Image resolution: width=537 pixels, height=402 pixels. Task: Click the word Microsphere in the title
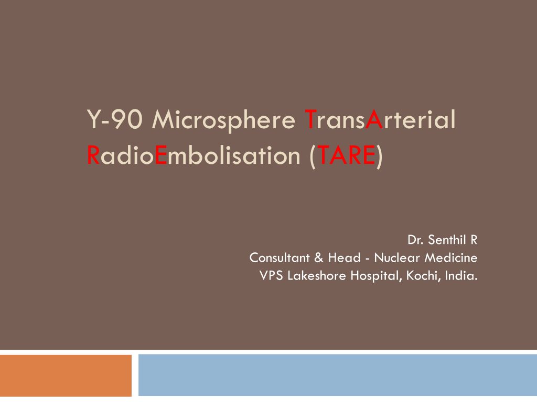(x=223, y=120)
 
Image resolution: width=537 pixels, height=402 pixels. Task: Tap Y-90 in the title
(x=115, y=119)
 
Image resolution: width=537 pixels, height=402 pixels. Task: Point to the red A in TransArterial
(x=374, y=119)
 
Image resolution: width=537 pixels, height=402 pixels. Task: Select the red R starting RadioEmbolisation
(x=93, y=155)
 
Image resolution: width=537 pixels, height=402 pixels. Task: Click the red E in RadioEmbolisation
(x=161, y=155)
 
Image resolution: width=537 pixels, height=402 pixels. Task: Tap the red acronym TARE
(x=346, y=155)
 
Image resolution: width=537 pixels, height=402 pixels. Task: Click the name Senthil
(x=447, y=240)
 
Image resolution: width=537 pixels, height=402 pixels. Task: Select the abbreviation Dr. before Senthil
(x=415, y=240)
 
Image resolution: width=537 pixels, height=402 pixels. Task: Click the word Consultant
(x=280, y=258)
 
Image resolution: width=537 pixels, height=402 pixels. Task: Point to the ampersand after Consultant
(x=318, y=258)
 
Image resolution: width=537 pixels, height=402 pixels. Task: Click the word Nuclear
(x=397, y=258)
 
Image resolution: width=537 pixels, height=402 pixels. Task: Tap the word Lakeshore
(x=317, y=275)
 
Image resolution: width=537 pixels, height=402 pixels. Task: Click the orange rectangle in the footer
(x=66, y=375)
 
